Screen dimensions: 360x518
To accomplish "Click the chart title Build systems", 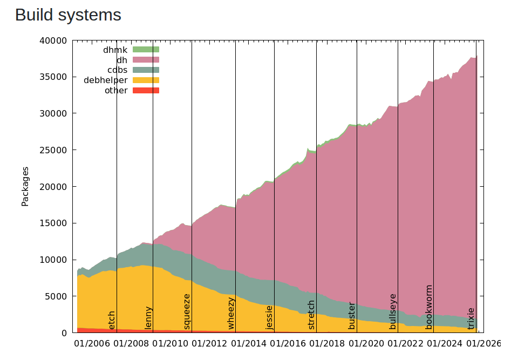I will pyautogui.click(x=68, y=15).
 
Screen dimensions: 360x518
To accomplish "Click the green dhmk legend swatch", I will pyautogui.click(x=146, y=50).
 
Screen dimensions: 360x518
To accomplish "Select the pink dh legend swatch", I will pyautogui.click(x=146, y=60).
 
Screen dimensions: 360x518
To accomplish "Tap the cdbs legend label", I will pyautogui.click(x=117, y=70).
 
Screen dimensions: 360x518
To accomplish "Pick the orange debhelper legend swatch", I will pyautogui.click(x=146, y=80).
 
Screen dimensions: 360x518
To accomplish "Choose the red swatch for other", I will pyautogui.click(x=146, y=91).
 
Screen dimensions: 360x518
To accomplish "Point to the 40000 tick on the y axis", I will pyautogui.click(x=54, y=40).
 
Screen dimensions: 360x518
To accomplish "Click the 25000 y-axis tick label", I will pyautogui.click(x=54, y=150).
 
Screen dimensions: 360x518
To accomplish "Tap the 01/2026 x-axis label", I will pyautogui.click(x=483, y=343).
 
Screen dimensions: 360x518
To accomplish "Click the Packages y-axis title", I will pyautogui.click(x=25, y=186).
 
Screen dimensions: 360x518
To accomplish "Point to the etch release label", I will pyautogui.click(x=112, y=320).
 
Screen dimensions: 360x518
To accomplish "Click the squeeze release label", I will pyautogui.click(x=187, y=311).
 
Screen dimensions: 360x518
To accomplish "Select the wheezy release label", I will pyautogui.click(x=231, y=313).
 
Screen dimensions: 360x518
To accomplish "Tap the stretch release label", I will pyautogui.click(x=311, y=315).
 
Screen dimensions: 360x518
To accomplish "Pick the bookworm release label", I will pyautogui.click(x=429, y=307).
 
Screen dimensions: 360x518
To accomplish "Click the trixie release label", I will pyautogui.click(x=471, y=318).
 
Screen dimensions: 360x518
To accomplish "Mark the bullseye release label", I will pyautogui.click(x=393, y=311).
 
